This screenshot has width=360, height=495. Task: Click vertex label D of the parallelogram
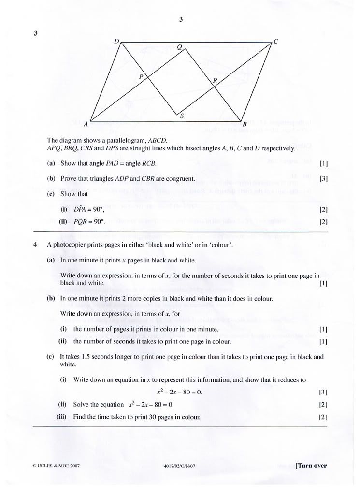click(116, 42)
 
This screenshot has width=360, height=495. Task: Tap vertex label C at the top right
click(276, 42)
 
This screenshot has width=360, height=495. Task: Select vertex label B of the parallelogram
click(245, 124)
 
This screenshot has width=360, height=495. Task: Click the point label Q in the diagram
click(179, 47)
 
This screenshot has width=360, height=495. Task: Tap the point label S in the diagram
click(182, 116)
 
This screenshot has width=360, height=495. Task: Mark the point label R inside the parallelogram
click(215, 81)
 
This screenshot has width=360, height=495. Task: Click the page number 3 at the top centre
click(180, 20)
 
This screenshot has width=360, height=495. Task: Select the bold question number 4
click(35, 245)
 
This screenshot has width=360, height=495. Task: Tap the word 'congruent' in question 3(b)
click(180, 179)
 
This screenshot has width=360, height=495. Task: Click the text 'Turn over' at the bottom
click(312, 466)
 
